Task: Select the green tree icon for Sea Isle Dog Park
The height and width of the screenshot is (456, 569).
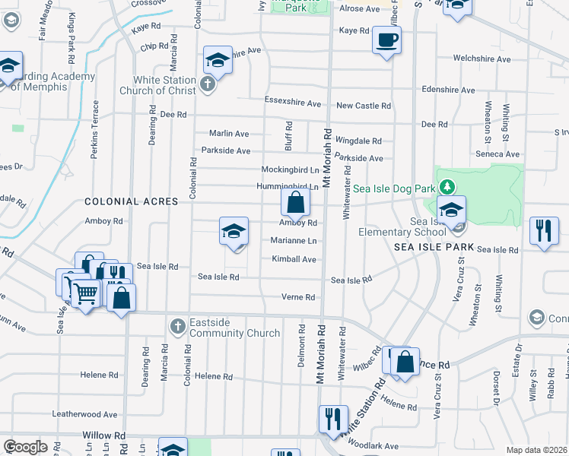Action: click(449, 187)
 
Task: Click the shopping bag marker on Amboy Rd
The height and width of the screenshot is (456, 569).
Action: click(295, 203)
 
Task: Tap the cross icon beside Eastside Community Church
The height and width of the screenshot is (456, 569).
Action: click(176, 327)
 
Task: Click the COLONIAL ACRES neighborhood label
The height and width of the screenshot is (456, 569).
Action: click(131, 201)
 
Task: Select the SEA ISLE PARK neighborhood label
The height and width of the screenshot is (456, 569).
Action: click(434, 248)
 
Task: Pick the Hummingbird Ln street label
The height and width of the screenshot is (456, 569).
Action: click(287, 186)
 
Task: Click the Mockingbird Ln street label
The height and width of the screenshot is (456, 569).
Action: click(290, 169)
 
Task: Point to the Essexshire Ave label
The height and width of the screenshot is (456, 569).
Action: click(293, 106)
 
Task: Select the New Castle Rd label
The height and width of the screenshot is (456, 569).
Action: click(364, 106)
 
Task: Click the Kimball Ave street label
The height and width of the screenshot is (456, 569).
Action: click(294, 259)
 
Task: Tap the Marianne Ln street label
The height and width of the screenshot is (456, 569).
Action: click(293, 240)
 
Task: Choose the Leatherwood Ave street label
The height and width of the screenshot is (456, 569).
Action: click(84, 414)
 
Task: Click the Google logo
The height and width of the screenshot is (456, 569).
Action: click(26, 447)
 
